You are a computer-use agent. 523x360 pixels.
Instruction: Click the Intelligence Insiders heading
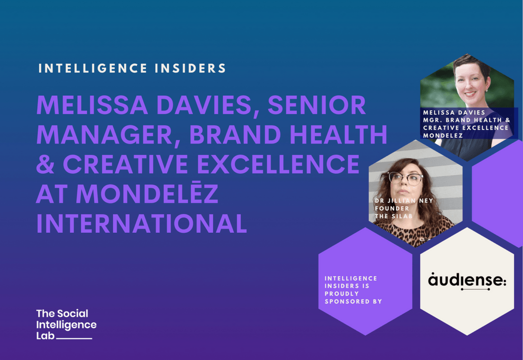click(132, 68)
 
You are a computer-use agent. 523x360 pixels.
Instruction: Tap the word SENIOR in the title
click(314, 105)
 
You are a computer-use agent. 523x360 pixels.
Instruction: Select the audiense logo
click(467, 281)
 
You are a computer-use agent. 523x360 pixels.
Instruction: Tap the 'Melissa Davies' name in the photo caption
click(454, 112)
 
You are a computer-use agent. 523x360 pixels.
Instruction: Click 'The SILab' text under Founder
click(393, 216)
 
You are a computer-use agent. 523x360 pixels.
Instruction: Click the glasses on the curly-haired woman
click(407, 179)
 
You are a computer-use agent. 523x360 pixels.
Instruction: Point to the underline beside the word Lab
click(74, 338)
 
